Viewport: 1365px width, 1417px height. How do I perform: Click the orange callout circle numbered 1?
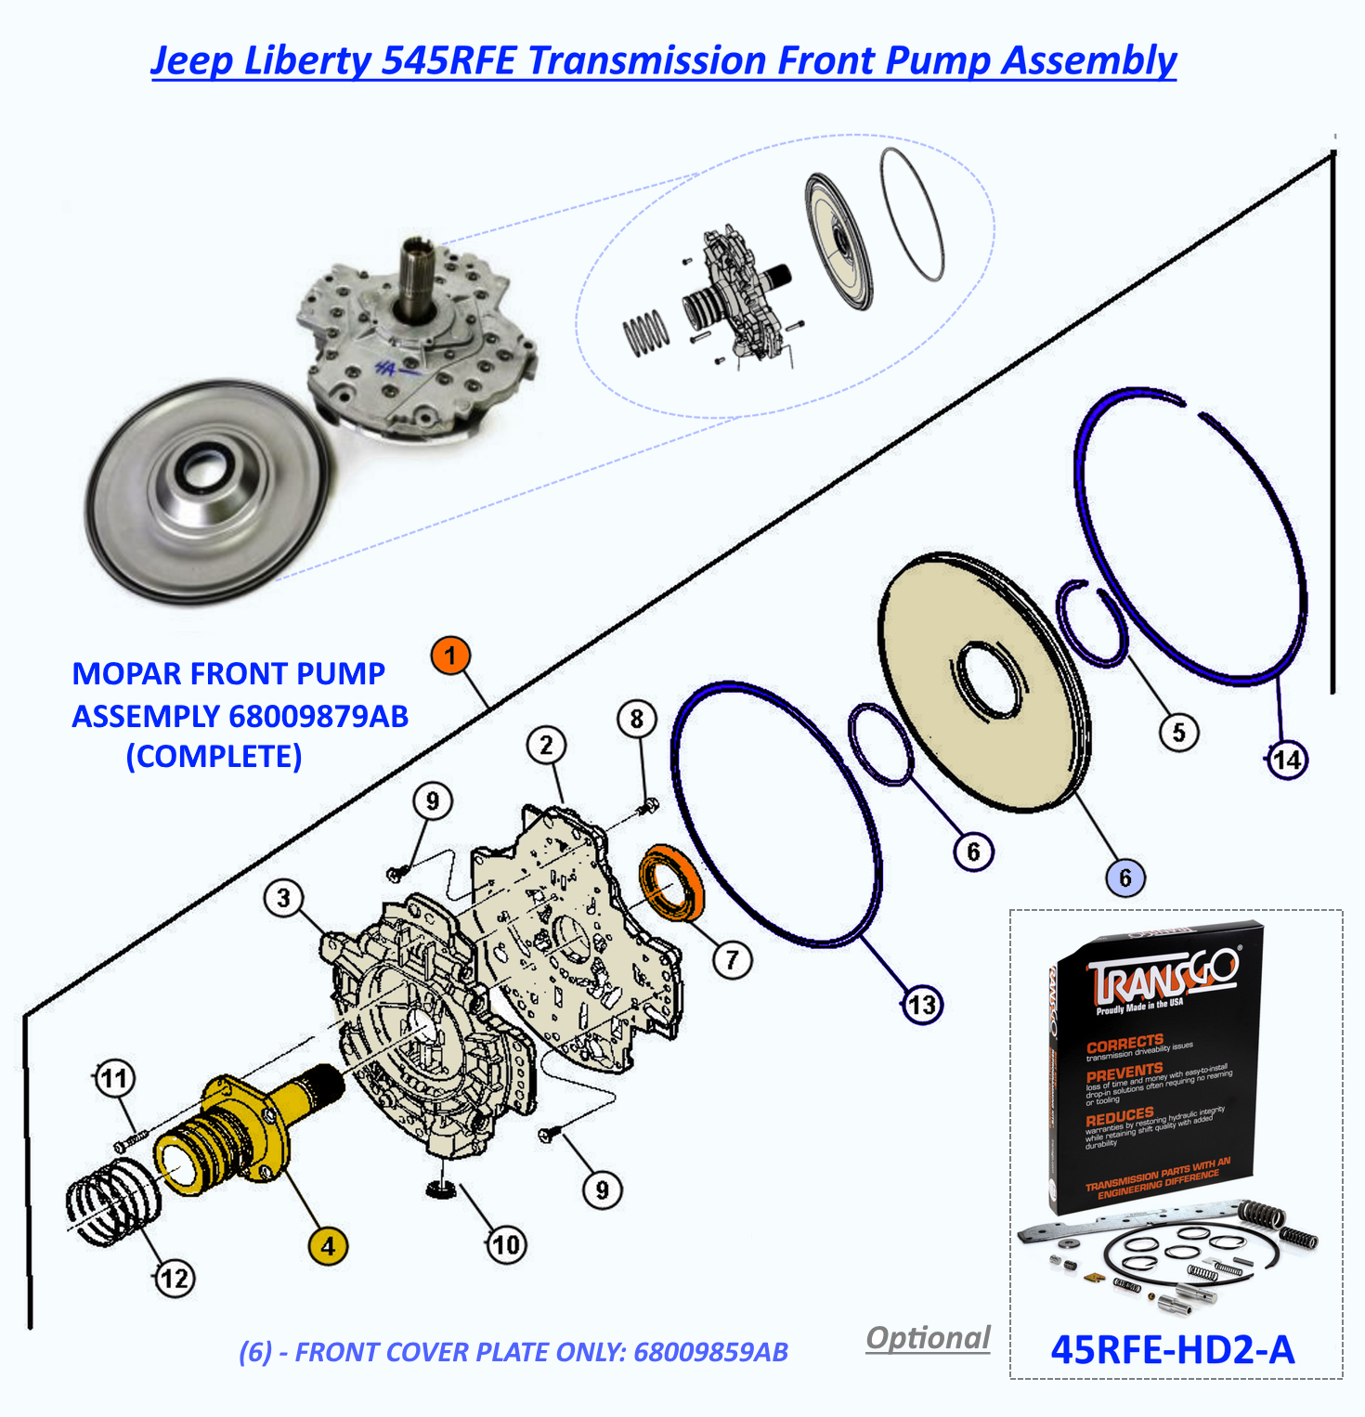pyautogui.click(x=450, y=656)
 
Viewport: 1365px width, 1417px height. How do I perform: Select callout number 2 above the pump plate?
pyautogui.click(x=546, y=745)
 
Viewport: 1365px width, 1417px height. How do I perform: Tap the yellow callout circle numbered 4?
pyautogui.click(x=328, y=1246)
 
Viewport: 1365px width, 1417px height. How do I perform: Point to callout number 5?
pyautogui.click(x=1178, y=733)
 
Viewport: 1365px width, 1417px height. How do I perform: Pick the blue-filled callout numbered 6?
pyautogui.click(x=1124, y=877)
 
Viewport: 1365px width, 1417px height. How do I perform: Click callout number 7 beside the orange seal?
pyautogui.click(x=732, y=959)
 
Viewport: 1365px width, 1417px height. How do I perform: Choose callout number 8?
pyautogui.click(x=636, y=719)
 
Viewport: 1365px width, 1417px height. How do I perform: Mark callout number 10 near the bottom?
pyautogui.click(x=506, y=1244)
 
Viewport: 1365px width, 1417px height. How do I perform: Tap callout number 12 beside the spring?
pyautogui.click(x=175, y=1279)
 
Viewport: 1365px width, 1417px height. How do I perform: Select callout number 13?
pyautogui.click(x=922, y=1005)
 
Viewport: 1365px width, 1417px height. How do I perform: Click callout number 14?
pyautogui.click(x=1287, y=760)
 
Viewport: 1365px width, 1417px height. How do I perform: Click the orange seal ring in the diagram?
pyautogui.click(x=670, y=882)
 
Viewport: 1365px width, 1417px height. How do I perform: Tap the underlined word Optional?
pyautogui.click(x=928, y=1338)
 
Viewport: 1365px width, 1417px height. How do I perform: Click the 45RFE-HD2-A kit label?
pyautogui.click(x=1172, y=1349)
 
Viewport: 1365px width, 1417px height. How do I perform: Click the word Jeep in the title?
pyautogui.click(x=190, y=60)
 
